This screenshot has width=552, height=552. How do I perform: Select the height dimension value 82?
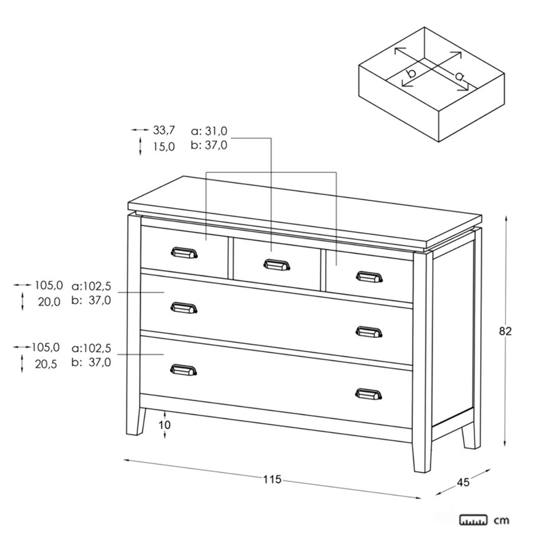pos(505,331)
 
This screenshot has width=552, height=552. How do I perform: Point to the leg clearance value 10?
pos(165,425)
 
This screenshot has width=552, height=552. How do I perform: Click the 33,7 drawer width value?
pos(164,130)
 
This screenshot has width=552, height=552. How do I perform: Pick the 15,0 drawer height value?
pos(164,147)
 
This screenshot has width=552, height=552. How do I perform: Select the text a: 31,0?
pos(209,131)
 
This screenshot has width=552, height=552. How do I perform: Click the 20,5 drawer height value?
pos(46,364)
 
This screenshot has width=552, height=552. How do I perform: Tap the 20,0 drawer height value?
pos(49,302)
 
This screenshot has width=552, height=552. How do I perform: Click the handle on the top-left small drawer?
pos(184,253)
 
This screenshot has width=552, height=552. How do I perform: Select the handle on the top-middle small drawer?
pos(277,265)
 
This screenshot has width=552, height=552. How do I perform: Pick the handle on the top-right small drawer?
pos(369,277)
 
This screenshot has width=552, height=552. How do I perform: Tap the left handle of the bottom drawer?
pos(184,370)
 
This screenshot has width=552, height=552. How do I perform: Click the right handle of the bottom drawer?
pos(369,394)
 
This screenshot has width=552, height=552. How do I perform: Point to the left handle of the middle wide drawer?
pos(184,308)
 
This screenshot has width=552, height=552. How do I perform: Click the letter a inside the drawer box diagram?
pos(459,76)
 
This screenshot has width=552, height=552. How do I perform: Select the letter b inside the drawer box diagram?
pos(411,73)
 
